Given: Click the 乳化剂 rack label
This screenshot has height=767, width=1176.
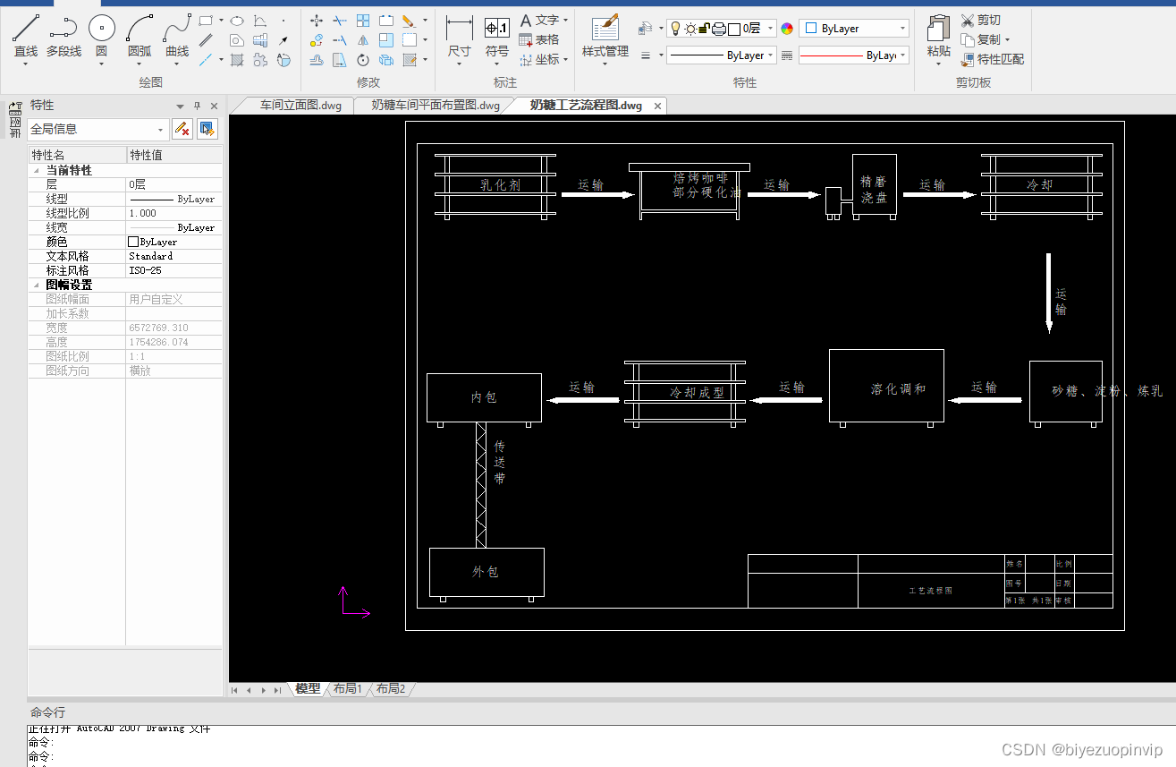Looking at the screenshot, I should click(x=500, y=185).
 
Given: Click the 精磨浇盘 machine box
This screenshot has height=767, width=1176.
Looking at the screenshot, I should click(x=874, y=184).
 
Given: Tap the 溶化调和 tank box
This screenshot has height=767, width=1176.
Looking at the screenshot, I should click(x=886, y=386).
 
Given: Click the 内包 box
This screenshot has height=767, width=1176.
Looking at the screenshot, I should click(x=484, y=397).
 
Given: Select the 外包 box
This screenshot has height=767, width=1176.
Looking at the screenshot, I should click(x=486, y=572).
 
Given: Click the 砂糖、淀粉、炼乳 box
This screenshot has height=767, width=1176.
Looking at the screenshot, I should click(x=1065, y=391).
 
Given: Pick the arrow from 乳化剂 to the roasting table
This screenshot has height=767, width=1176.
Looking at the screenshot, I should click(x=597, y=194).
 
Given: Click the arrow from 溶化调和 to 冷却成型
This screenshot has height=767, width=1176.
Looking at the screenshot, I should click(x=786, y=400).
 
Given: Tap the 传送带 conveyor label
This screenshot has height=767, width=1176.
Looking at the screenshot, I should click(x=500, y=462).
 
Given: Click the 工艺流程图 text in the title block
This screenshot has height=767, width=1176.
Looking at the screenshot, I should click(x=930, y=591).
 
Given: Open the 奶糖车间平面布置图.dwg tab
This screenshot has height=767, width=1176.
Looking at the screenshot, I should click(x=436, y=106).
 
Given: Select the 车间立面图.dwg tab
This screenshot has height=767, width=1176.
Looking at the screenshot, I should click(x=300, y=106).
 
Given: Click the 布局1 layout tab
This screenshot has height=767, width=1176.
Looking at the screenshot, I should click(x=347, y=689).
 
